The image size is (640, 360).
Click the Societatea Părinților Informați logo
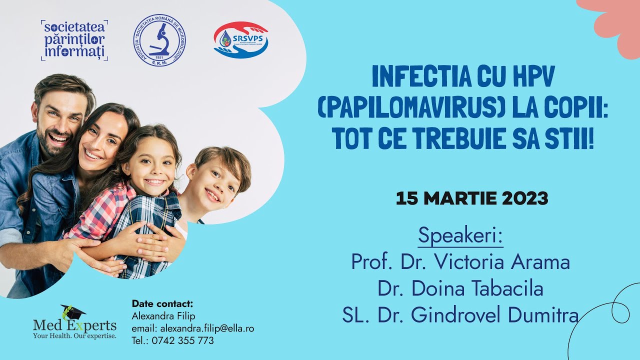pos(74,40)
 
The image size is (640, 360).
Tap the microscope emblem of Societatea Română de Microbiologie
pos(159,40)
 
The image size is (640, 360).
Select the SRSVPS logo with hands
pos(241,40)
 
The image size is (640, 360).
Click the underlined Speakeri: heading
pos(460,235)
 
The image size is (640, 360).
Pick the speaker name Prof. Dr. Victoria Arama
pos(460,262)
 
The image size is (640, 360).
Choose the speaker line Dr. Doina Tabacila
pos(460,289)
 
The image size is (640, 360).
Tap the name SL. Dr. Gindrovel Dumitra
pos(460,315)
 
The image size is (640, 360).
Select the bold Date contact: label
pos(162,304)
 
